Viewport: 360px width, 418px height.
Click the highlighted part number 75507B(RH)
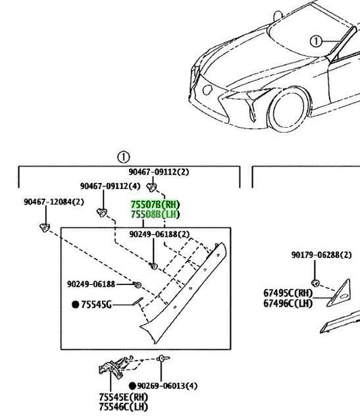click(155, 205)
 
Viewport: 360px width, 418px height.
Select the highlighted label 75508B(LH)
click(155, 214)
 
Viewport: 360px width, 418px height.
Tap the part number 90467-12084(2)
click(54, 202)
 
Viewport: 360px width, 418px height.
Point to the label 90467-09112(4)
click(110, 186)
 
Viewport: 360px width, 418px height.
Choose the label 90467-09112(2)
click(159, 172)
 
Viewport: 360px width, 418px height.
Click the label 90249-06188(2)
click(159, 234)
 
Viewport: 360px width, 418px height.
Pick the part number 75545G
click(97, 305)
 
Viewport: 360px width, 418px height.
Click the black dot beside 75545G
click(76, 305)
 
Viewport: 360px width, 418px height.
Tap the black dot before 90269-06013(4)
click(132, 386)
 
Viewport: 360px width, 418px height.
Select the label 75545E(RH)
click(124, 397)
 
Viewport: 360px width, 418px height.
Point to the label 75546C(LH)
click(124, 407)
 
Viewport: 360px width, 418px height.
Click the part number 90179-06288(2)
click(322, 255)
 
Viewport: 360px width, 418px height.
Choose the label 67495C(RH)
click(288, 293)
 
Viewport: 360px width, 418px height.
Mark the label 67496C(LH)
click(288, 303)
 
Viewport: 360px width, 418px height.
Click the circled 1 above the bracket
click(124, 157)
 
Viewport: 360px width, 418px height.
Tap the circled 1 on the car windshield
click(315, 42)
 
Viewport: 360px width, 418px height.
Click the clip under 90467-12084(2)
click(45, 228)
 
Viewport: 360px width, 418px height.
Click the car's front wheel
click(289, 109)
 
